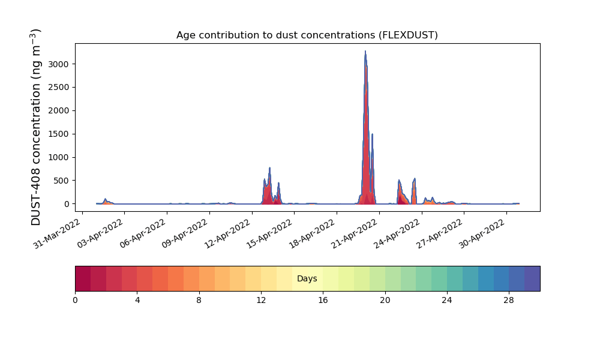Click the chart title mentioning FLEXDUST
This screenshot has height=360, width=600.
pos(307,35)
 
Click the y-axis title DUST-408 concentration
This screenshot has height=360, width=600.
pos(35,127)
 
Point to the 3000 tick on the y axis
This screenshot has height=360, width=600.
pos(59,64)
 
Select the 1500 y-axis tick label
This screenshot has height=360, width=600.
pos(59,134)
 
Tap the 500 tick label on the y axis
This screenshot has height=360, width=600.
pos(61,181)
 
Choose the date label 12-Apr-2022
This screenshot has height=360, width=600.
pos(228,233)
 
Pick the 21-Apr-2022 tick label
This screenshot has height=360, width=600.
pos(355,233)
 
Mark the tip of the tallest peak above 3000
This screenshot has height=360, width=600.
pos(365,51)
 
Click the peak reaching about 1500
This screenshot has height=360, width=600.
pos(372,134)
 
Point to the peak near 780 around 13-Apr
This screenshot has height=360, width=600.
pos(270,168)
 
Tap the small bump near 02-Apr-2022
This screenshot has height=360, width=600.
pos(105,199)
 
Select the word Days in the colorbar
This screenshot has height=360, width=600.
pos(307,278)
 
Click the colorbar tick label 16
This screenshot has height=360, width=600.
pos(323,301)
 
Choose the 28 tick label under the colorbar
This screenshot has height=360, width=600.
pos(509,301)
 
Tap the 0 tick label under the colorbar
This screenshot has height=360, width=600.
pos(76,301)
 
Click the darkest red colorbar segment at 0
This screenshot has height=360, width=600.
pos(83,278)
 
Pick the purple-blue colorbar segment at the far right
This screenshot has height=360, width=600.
pos(532,278)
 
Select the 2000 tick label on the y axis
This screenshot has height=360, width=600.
pos(59,111)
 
